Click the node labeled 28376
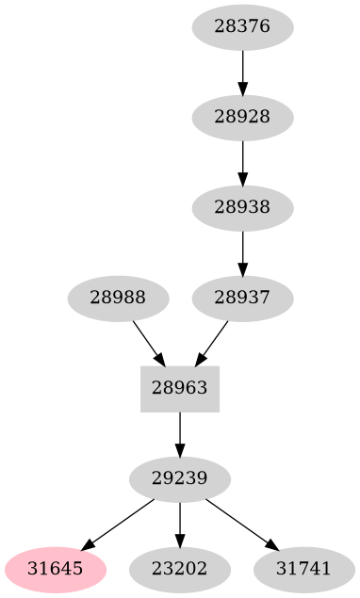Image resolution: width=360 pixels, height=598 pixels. pos(242,26)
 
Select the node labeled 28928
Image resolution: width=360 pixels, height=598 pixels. pos(242,117)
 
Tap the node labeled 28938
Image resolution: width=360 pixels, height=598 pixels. pos(242,207)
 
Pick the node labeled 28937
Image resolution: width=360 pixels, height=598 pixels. pos(242,298)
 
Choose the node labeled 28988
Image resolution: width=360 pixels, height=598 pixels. pos(118,298)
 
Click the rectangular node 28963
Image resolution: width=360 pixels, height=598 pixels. pos(180,388)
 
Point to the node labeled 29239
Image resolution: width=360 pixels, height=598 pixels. pos(180,478)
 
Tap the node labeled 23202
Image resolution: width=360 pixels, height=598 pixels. pos(180,569)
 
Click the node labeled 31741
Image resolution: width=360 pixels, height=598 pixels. pos(304,569)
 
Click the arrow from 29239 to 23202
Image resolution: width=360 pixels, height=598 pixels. pos(180,524)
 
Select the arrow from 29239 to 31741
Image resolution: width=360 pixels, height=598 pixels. pos(240,523)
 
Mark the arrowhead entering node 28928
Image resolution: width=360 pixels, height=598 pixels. pos(242,90)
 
